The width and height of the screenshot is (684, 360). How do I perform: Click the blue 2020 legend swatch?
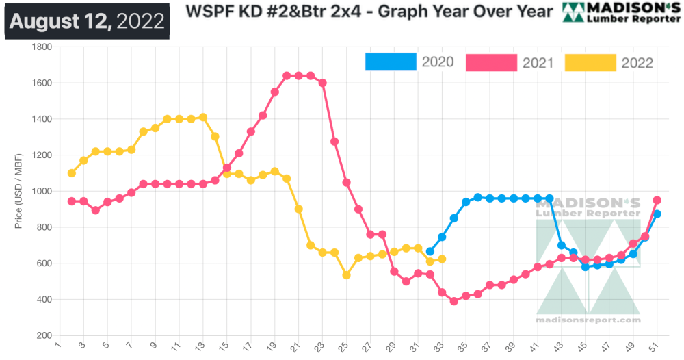click(x=391, y=62)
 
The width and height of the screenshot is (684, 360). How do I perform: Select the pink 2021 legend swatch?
click(x=491, y=62)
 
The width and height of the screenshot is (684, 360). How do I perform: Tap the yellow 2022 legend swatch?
click(x=590, y=62)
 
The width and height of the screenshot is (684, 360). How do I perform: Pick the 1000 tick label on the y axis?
click(x=42, y=192)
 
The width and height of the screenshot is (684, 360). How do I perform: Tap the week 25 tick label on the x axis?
click(x=346, y=346)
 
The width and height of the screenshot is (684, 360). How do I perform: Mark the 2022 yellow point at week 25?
click(x=347, y=275)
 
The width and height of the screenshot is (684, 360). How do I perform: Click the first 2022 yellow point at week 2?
click(x=72, y=173)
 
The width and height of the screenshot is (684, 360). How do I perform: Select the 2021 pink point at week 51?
click(x=657, y=201)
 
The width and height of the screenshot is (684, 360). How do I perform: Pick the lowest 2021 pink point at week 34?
click(x=453, y=301)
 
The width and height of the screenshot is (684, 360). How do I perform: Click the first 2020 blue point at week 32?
click(x=430, y=251)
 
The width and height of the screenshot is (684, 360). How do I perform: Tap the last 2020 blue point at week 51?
click(x=657, y=214)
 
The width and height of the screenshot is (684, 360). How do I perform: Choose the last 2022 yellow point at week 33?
click(x=442, y=259)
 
